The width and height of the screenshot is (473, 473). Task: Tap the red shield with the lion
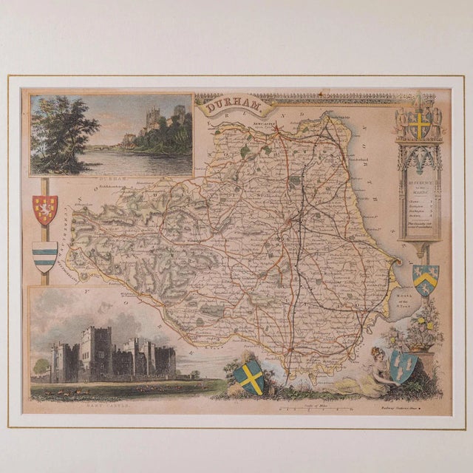(44, 210)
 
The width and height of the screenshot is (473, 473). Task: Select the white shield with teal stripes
(45, 256)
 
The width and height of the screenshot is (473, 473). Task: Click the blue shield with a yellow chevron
(426, 279)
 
